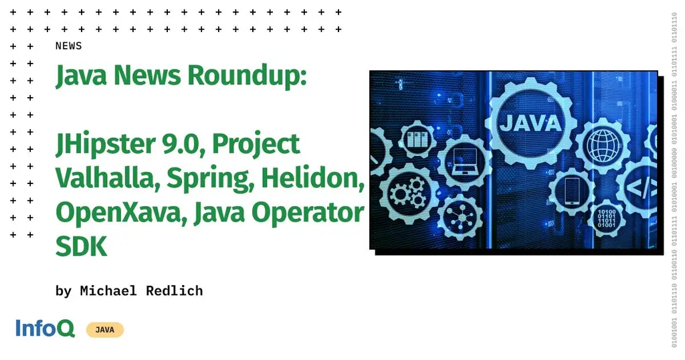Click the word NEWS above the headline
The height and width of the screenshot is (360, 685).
pos(68,46)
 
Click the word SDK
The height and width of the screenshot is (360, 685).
pos(81,246)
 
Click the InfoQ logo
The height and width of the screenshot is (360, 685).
pos(45,329)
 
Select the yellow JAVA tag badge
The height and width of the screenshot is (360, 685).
pos(104,329)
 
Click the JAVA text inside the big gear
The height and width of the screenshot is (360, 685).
pos(529,123)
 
